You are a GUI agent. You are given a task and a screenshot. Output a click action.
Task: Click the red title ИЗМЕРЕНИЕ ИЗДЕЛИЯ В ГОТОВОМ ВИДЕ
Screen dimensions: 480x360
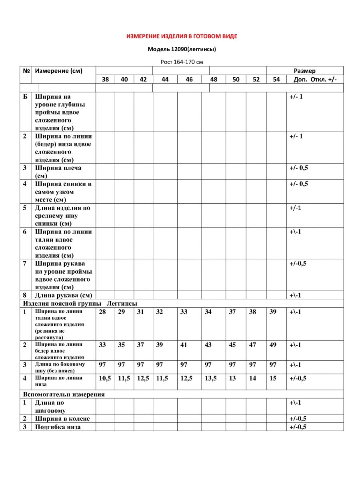click(x=182, y=36)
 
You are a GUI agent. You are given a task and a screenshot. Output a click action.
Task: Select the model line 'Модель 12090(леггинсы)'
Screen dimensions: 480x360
click(x=182, y=50)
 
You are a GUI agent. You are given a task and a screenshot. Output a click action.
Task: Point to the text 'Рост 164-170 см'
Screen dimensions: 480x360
click(x=182, y=62)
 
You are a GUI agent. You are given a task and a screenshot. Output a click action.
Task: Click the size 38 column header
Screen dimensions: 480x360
click(x=105, y=79)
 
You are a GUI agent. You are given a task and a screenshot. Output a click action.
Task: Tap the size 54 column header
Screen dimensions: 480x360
click(x=276, y=79)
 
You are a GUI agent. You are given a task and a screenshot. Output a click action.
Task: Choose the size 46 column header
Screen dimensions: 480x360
click(x=189, y=79)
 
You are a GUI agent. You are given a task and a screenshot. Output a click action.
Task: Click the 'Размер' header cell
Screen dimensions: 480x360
click(x=305, y=71)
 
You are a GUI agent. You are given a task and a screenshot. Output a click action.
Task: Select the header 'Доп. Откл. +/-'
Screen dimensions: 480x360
click(x=315, y=79)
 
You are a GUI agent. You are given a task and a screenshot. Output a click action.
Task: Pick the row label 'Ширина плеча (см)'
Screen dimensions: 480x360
click(x=58, y=172)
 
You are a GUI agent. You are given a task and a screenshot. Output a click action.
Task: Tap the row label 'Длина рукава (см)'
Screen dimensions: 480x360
click(x=64, y=296)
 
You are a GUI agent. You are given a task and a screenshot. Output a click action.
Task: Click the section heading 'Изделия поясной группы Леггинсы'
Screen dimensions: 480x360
click(x=80, y=304)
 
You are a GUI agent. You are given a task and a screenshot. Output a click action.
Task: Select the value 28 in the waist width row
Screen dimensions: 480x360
click(x=102, y=312)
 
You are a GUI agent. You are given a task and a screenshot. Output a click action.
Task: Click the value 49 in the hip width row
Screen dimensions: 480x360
click(x=273, y=345)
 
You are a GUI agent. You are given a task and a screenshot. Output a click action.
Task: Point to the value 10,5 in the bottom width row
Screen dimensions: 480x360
click(x=105, y=378)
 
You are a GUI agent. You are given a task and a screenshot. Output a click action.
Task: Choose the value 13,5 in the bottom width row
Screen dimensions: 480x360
click(x=211, y=378)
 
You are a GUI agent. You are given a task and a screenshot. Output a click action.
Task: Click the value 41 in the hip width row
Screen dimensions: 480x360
click(x=184, y=345)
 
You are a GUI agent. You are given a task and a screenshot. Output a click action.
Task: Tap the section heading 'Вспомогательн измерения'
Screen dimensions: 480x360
click(x=64, y=394)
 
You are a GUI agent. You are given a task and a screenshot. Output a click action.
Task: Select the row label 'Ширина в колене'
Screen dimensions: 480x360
click(x=62, y=419)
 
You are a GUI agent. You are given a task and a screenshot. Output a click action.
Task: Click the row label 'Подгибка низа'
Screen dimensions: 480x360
click(x=58, y=427)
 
